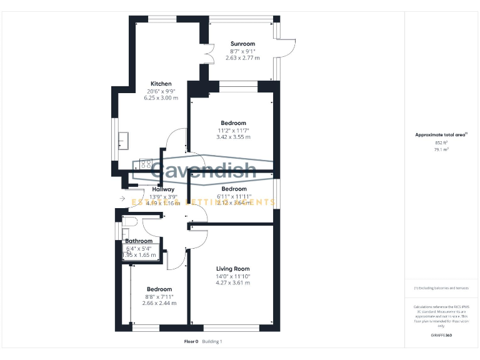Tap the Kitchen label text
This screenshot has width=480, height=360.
(161, 84)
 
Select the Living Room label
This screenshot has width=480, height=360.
(232, 269)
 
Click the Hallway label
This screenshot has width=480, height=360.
(163, 189)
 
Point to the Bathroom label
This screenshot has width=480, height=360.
(139, 241)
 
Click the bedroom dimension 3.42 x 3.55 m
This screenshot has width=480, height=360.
(233, 137)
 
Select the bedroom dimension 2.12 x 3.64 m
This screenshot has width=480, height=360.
(233, 202)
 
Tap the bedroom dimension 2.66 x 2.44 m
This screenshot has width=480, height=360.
(159, 303)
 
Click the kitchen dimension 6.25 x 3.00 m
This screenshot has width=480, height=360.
(161, 98)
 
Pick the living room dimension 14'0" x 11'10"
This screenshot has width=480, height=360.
(232, 276)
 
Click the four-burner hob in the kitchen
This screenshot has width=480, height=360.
(145, 164)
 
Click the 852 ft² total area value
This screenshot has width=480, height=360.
(441, 142)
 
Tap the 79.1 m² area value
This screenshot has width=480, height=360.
(441, 150)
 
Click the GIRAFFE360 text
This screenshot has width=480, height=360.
(441, 336)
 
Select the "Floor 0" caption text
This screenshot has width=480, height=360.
(191, 341)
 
